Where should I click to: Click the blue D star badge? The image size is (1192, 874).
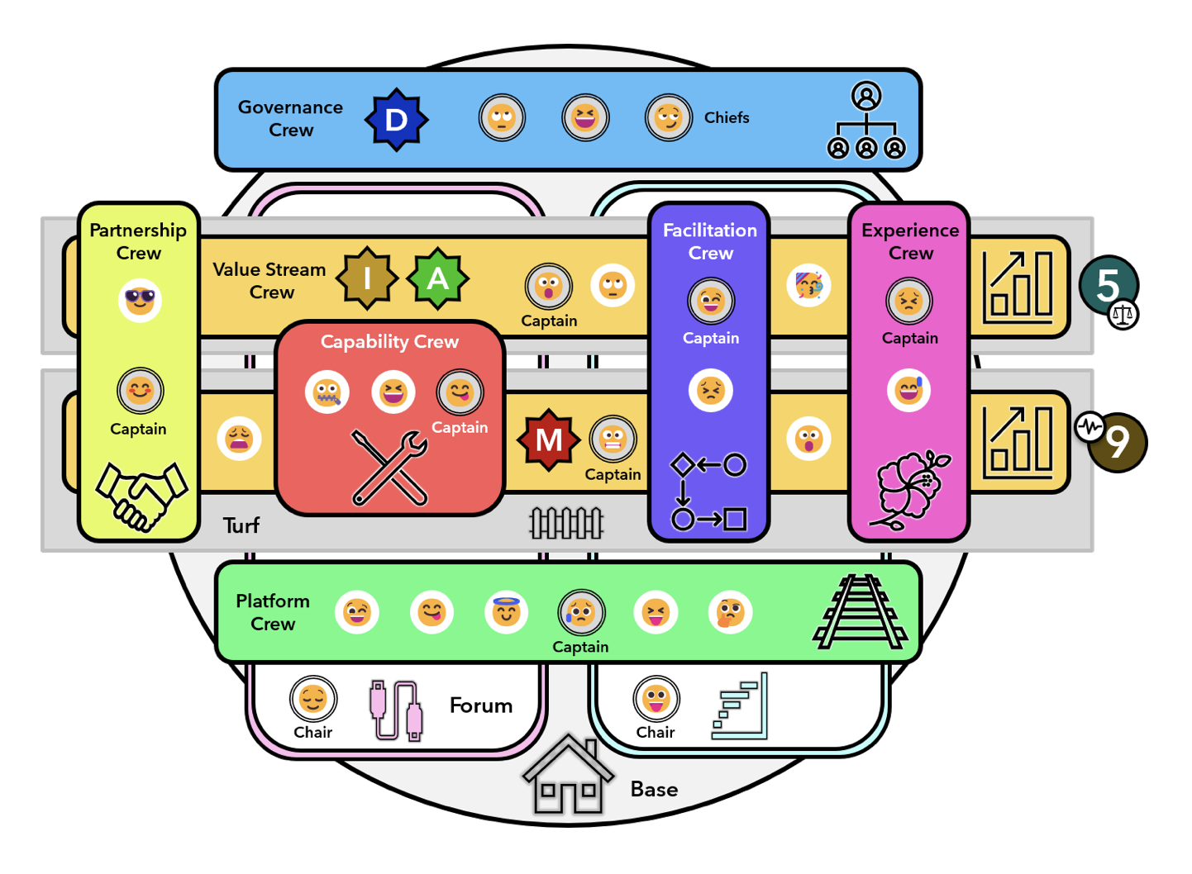coord(396,120)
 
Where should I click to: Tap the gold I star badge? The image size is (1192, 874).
coord(366,278)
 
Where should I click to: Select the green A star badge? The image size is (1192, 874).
coord(437,278)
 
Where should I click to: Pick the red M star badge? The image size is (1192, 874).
coord(548,439)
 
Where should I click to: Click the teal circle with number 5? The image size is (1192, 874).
coord(1108,285)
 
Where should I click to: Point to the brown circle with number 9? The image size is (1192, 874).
coord(1118,443)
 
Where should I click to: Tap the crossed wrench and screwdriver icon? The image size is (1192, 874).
coord(389,468)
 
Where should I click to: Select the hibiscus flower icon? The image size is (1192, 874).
coord(910,489)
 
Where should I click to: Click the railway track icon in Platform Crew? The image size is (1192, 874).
coord(861,612)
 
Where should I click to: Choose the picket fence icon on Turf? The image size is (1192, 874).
coord(566,523)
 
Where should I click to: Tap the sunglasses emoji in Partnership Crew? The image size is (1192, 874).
coord(140,299)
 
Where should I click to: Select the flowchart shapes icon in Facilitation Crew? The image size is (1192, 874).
coord(709,492)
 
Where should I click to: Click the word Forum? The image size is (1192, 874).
coord(481,705)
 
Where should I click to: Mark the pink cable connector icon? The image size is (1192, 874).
coord(396,710)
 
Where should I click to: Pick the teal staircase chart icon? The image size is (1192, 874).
coord(741,706)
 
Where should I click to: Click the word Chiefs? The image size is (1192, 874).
coord(727,118)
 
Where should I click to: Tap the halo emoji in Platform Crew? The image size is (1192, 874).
coord(506,612)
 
